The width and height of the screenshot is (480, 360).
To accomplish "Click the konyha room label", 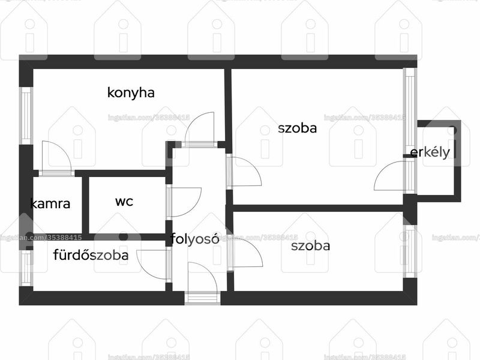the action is coord(131,93).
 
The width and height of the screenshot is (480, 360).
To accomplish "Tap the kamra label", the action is coord(50,203).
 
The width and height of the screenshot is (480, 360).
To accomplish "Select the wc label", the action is coord(124,202).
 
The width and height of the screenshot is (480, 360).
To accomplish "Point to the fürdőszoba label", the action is coord(91,254).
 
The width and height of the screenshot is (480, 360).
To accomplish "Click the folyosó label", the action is coord(194,238).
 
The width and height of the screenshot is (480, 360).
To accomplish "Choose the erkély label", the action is coord(430,152).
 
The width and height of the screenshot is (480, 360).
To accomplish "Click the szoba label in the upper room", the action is coord(297,128).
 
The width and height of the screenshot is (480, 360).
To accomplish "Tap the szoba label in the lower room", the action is coord(310,246).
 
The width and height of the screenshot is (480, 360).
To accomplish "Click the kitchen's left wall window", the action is coord(26,116).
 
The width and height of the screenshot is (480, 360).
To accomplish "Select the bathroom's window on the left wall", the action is coord(26,268).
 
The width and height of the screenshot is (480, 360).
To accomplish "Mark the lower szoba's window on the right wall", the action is coord(410,251).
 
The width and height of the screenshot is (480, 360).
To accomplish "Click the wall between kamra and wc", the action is coord(86,205).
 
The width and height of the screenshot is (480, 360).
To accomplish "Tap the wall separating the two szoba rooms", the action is coord(319,208).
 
